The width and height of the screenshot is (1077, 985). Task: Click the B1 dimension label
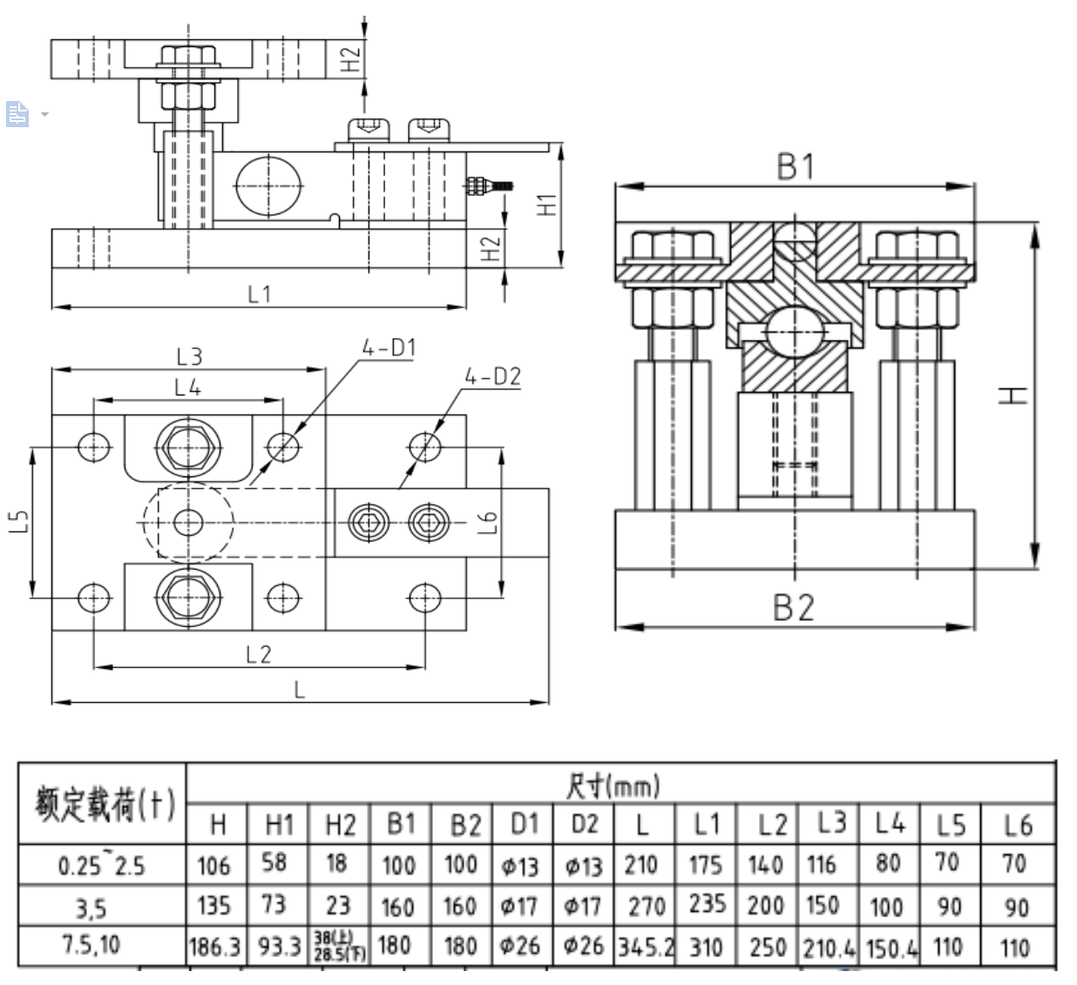[795, 166]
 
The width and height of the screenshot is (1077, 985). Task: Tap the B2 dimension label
[795, 607]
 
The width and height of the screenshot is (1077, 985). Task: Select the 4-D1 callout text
[389, 348]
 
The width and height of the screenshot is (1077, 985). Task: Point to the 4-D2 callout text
[492, 376]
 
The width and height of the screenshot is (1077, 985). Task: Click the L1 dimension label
[260, 293]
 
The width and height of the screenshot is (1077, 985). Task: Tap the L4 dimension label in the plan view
[187, 388]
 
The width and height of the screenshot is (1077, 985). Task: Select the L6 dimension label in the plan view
[489, 523]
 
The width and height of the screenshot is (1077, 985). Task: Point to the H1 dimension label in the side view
[546, 205]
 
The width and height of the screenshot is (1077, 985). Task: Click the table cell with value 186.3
[214, 947]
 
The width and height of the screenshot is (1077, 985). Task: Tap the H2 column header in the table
[339, 824]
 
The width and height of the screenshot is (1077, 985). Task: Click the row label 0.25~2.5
[102, 866]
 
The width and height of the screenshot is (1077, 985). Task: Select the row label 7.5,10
[91, 945]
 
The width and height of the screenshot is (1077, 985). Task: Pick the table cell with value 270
[646, 907]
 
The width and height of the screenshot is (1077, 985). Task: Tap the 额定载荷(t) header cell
[103, 803]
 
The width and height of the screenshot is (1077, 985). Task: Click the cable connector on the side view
[489, 185]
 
